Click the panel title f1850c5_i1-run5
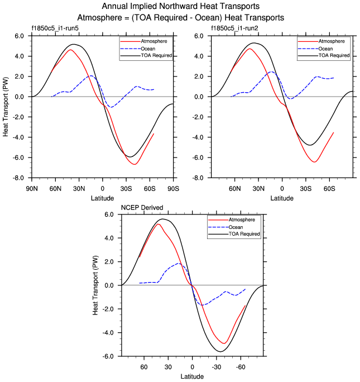54,28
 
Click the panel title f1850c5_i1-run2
233,28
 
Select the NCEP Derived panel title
142,208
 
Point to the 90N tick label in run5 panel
31,188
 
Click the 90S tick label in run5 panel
173,188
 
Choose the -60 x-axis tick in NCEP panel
241,367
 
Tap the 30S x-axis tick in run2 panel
306,188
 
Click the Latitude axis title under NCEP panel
192,376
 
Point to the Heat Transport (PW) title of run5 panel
6,107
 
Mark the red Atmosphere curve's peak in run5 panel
71,50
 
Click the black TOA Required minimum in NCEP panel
221,352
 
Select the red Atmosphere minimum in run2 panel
315,162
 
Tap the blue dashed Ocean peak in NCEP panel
179,263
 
